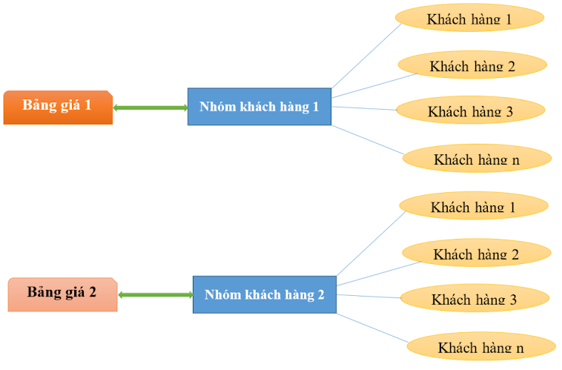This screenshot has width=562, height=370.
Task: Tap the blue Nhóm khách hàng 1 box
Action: [259, 107]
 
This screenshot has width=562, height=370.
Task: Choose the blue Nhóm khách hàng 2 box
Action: [264, 294]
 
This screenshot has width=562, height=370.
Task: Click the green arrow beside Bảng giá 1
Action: [150, 108]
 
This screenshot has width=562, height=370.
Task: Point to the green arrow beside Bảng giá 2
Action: [155, 295]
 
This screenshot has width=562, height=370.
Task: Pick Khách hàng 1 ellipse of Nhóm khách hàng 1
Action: [469, 19]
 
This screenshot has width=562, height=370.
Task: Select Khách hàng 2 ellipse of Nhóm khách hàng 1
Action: [472, 65]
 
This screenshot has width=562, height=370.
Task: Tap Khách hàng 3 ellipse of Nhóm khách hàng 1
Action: [470, 111]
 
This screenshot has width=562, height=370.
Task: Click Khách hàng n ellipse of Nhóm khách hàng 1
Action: [477, 158]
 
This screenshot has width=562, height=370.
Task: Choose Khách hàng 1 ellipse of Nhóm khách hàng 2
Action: [473, 206]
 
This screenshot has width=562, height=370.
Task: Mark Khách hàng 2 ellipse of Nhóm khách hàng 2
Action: [476, 254]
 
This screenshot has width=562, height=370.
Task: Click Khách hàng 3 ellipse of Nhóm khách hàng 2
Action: [475, 299]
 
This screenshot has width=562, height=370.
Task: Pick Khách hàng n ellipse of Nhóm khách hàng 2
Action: [480, 346]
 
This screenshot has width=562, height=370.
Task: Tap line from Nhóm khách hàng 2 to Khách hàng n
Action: [372, 328]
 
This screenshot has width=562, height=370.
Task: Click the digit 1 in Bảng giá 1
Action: [87, 105]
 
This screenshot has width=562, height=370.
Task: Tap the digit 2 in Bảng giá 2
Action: [93, 291]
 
